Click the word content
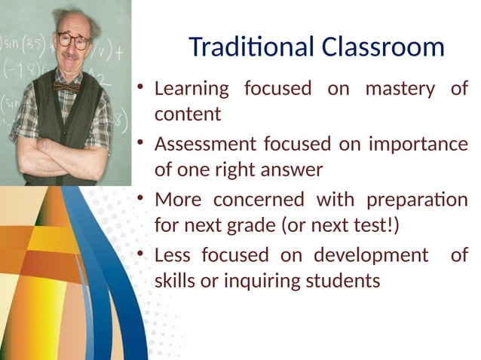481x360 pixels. click(x=188, y=115)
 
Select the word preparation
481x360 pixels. click(x=416, y=200)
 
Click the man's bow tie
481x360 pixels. click(x=66, y=87)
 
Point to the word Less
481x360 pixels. click(x=173, y=255)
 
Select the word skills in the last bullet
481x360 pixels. click(x=175, y=282)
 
